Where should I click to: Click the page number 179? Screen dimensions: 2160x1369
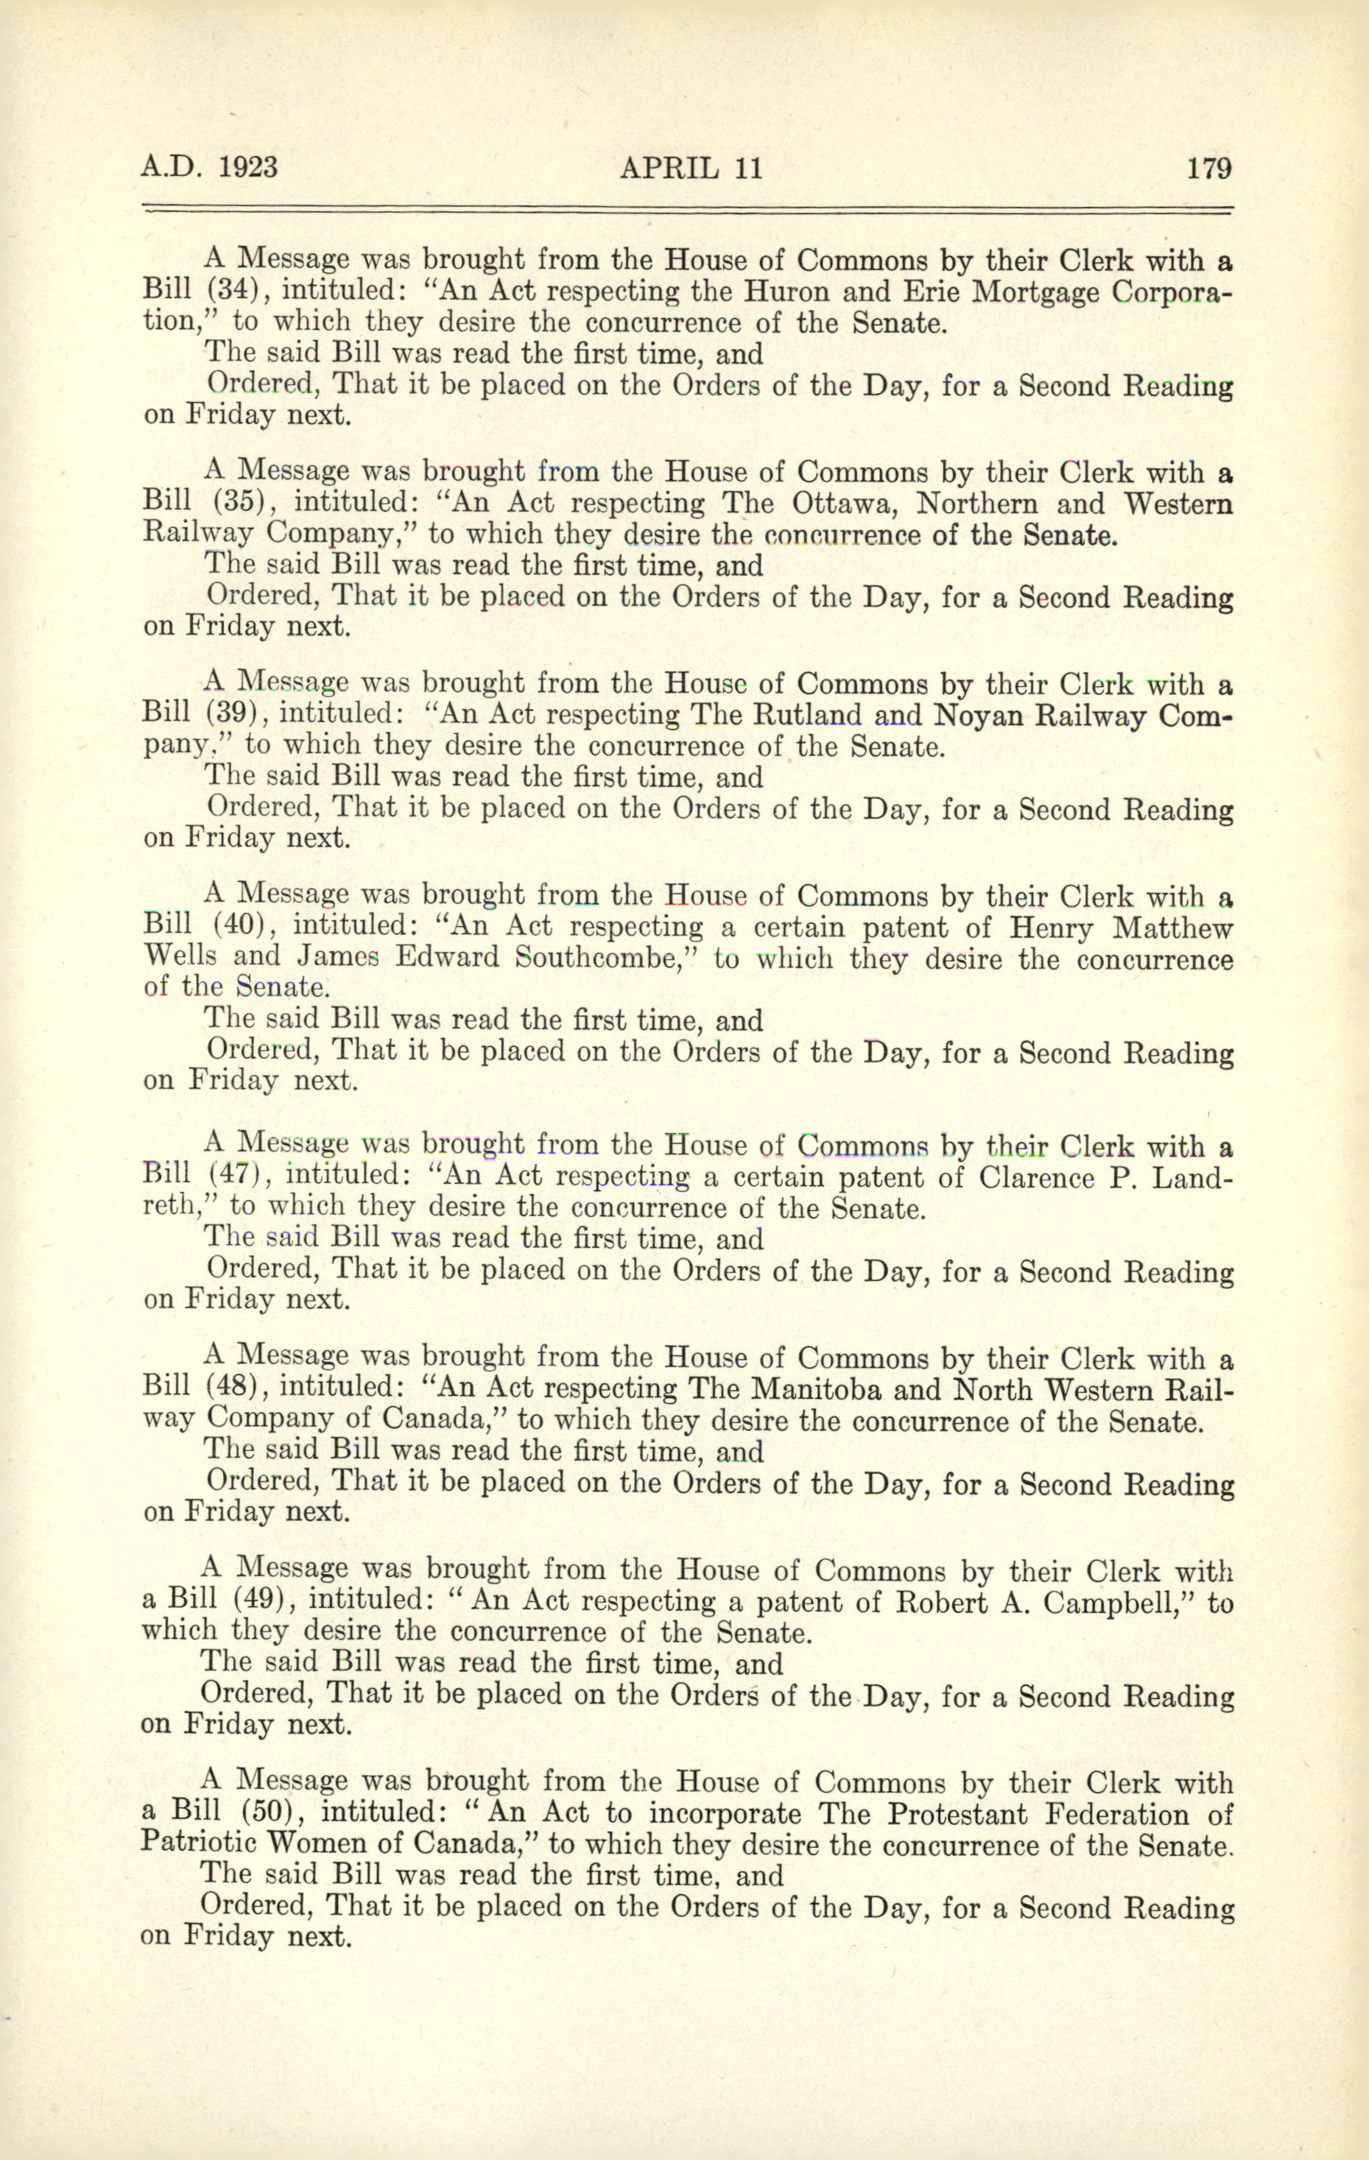tap(1208, 168)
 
